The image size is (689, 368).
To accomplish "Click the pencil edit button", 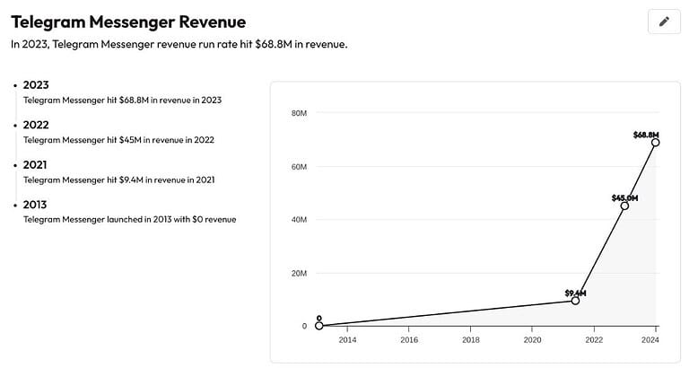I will click(x=664, y=22).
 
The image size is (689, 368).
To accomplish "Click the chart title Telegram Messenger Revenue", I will click(x=127, y=21).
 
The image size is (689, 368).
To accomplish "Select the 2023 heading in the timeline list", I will click(x=36, y=85).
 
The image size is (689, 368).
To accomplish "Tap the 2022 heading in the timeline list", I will click(x=36, y=125).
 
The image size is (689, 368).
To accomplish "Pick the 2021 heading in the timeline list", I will click(x=36, y=165).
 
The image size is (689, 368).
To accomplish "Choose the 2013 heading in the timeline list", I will click(x=36, y=205).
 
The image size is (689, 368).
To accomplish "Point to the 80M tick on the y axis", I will click(x=299, y=113).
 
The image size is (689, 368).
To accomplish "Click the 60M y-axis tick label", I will click(x=299, y=167).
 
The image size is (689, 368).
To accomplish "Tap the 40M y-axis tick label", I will click(x=299, y=220).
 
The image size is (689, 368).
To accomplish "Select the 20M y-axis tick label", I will click(x=299, y=273).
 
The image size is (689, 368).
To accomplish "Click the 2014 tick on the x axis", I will click(x=347, y=340).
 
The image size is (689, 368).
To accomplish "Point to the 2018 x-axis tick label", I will click(x=471, y=340).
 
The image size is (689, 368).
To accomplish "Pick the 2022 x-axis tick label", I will click(x=594, y=340).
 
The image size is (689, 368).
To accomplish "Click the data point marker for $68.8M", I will click(x=656, y=142).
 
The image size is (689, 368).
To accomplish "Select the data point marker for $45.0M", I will click(x=624, y=206).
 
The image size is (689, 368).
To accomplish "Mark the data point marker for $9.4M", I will click(x=575, y=301).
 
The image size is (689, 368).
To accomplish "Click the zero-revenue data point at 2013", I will click(x=318, y=326).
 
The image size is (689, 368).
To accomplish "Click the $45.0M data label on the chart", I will click(x=624, y=197).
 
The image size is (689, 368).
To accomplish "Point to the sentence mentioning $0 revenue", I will click(x=129, y=219).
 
